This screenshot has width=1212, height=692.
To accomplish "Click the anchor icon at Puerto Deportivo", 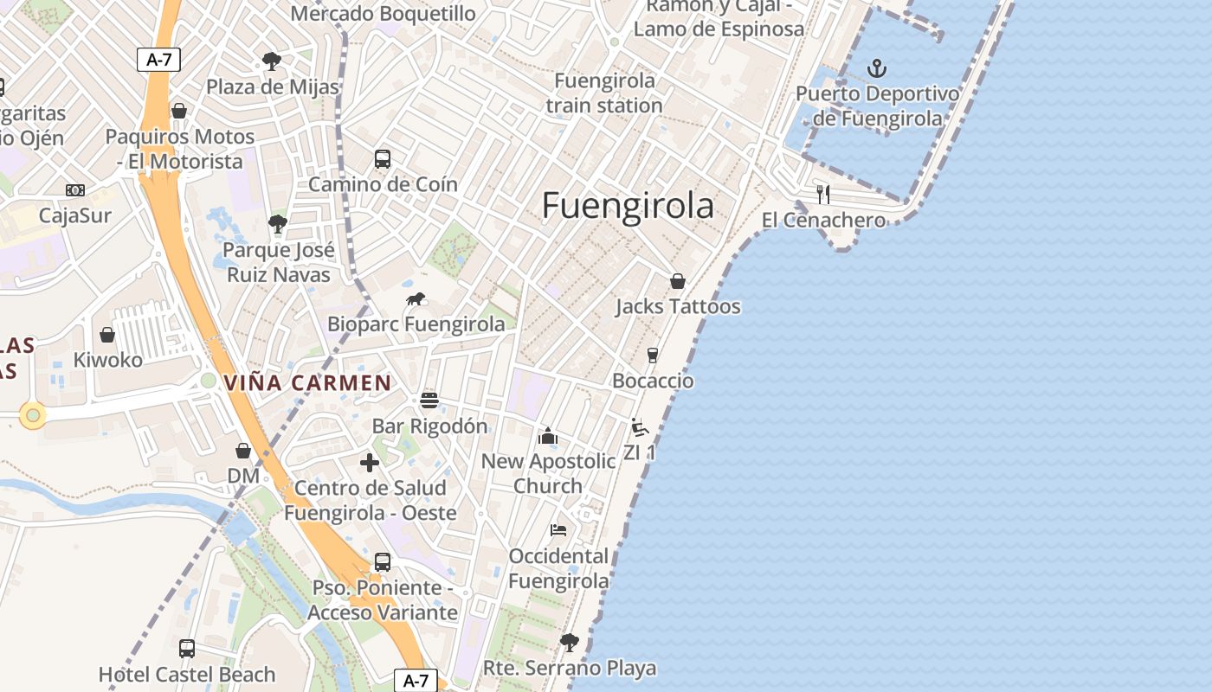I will tap(877, 67).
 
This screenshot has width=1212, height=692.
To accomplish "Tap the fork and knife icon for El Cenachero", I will tap(823, 194).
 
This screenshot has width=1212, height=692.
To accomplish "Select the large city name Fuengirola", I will tap(628, 206).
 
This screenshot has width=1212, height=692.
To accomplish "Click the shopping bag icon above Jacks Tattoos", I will tap(678, 281).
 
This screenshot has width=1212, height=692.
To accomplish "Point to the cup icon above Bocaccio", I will tap(653, 355).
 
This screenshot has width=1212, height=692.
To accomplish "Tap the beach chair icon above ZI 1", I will tap(639, 426).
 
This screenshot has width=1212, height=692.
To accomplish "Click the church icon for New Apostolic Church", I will tap(548, 436).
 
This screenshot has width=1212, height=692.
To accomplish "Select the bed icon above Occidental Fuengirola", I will tap(558, 529).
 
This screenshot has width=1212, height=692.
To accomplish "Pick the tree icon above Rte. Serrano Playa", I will tap(569, 642).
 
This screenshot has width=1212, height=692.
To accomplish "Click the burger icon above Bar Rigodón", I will tap(429, 400).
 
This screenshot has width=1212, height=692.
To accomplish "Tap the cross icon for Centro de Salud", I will tap(370, 463).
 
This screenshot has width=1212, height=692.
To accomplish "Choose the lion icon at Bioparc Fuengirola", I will tap(416, 299).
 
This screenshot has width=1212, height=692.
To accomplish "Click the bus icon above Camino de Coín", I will tap(383, 159).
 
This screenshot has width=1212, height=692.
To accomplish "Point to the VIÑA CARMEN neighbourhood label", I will tap(307, 382).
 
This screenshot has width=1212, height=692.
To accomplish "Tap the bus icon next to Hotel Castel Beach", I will tap(187, 648).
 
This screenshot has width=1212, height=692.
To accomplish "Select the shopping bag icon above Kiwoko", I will tap(107, 334).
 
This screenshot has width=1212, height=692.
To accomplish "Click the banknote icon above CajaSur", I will tap(75, 190).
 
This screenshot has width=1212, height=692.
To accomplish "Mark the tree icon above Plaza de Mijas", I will tap(272, 61).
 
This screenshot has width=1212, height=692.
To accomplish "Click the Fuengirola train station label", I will tap(604, 93).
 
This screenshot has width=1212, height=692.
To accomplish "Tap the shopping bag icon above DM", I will tap(243, 451).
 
